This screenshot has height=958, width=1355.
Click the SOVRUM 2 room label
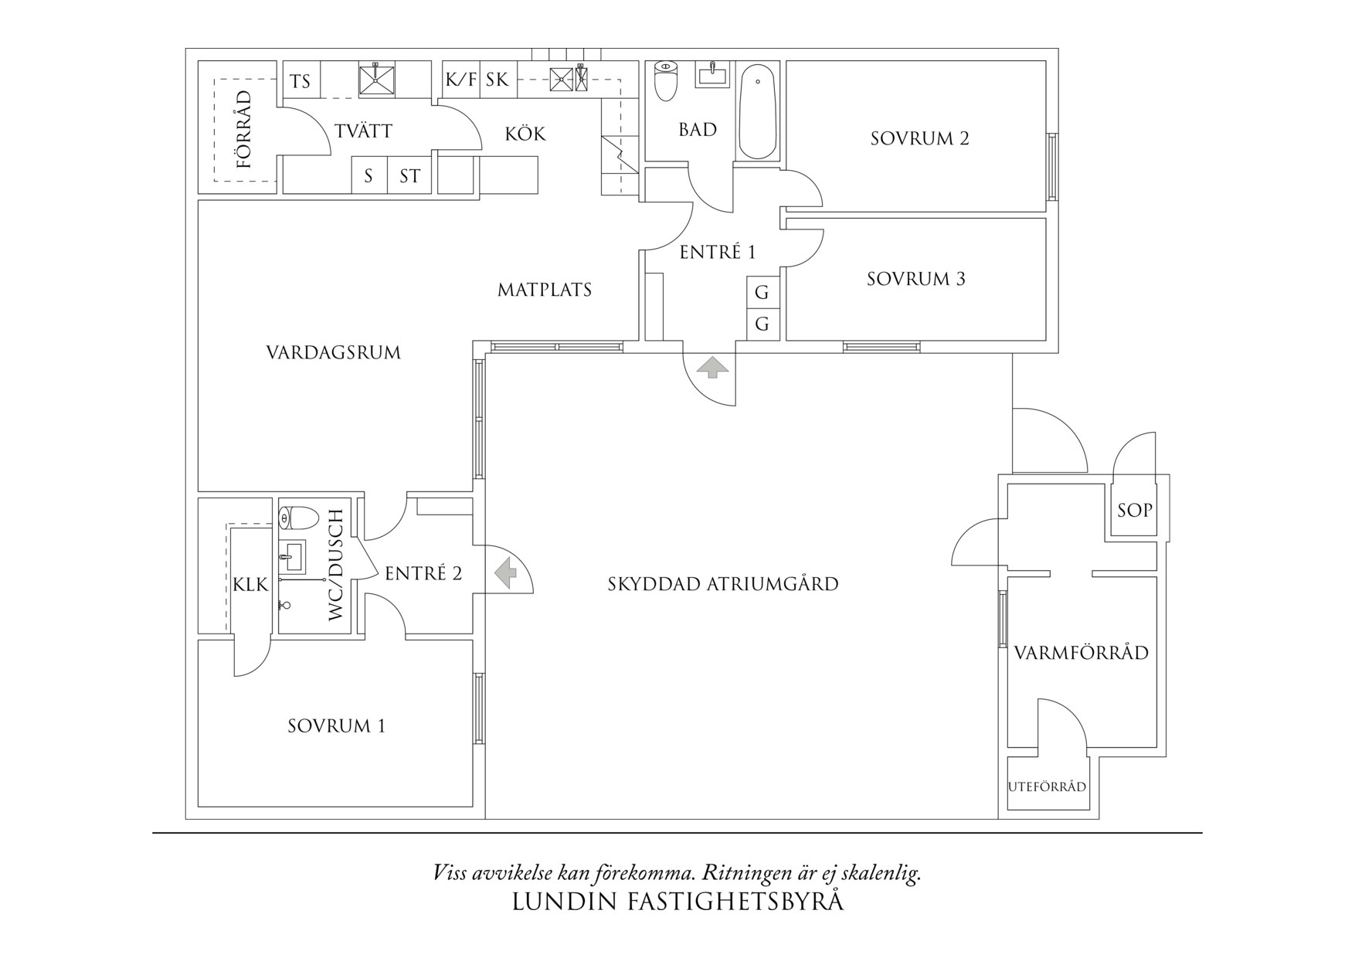919,138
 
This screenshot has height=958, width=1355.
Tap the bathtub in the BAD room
758,111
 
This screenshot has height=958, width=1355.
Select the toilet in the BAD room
665,81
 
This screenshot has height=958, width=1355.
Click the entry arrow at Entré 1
712,367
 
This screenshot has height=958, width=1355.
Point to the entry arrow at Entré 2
506,573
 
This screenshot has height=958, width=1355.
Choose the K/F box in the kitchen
461,80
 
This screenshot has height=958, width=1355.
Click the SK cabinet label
498,80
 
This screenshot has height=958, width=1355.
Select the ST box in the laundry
409,175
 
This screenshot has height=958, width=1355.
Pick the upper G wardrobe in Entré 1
762,292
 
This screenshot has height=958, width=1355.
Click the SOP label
1135,510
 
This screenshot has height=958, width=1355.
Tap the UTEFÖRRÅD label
1048,787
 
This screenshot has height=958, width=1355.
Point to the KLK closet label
251,585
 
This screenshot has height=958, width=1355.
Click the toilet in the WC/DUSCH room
298,518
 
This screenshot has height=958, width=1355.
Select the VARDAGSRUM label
334,353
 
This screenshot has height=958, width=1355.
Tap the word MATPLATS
545,290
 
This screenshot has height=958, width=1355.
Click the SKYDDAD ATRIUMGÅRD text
723,583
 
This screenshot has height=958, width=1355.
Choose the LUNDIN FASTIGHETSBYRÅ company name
678,902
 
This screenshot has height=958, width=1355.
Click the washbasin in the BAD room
713,76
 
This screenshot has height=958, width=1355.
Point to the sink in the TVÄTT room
377,80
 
